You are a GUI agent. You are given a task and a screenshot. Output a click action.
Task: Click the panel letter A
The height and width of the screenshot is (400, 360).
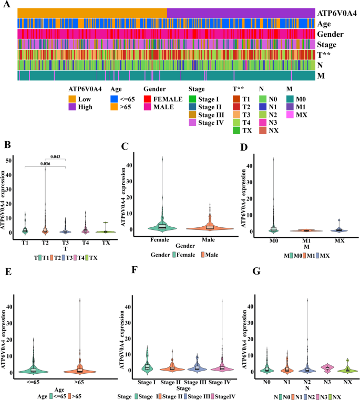[x=7, y=4]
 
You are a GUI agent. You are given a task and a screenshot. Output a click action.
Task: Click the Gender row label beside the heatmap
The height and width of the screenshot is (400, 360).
[x=330, y=34]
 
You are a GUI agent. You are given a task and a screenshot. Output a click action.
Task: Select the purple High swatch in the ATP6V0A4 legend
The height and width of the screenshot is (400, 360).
[x=72, y=107]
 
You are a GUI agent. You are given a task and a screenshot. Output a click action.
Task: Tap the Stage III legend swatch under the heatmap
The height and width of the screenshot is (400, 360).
[x=192, y=115]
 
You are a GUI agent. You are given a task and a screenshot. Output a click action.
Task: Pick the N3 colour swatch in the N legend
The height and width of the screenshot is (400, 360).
[x=263, y=123]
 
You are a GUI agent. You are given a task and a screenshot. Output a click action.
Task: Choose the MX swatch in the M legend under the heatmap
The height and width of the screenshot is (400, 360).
[x=290, y=115]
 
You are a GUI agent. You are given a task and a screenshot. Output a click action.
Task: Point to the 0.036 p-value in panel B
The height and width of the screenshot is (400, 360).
[x=45, y=164]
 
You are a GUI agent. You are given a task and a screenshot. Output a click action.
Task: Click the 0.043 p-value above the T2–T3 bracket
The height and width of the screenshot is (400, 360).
[x=55, y=156]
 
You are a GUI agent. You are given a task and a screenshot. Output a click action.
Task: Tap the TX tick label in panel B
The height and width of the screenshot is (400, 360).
[x=106, y=243]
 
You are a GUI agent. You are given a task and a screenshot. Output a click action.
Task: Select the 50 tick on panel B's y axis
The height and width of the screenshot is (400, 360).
[x=8, y=161]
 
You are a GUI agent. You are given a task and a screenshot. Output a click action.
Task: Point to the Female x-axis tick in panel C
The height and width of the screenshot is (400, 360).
[x=160, y=240]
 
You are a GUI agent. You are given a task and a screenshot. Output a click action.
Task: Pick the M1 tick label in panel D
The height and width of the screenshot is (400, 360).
[x=306, y=241]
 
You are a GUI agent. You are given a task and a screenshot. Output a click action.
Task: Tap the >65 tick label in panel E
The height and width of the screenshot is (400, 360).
[x=79, y=382]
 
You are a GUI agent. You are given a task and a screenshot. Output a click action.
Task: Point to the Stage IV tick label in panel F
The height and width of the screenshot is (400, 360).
[x=219, y=382]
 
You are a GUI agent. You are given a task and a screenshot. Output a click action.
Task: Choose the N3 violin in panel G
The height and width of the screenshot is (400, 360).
[x=327, y=369]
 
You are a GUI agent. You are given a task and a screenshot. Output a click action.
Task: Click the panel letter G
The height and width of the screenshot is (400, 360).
[x=256, y=271]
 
